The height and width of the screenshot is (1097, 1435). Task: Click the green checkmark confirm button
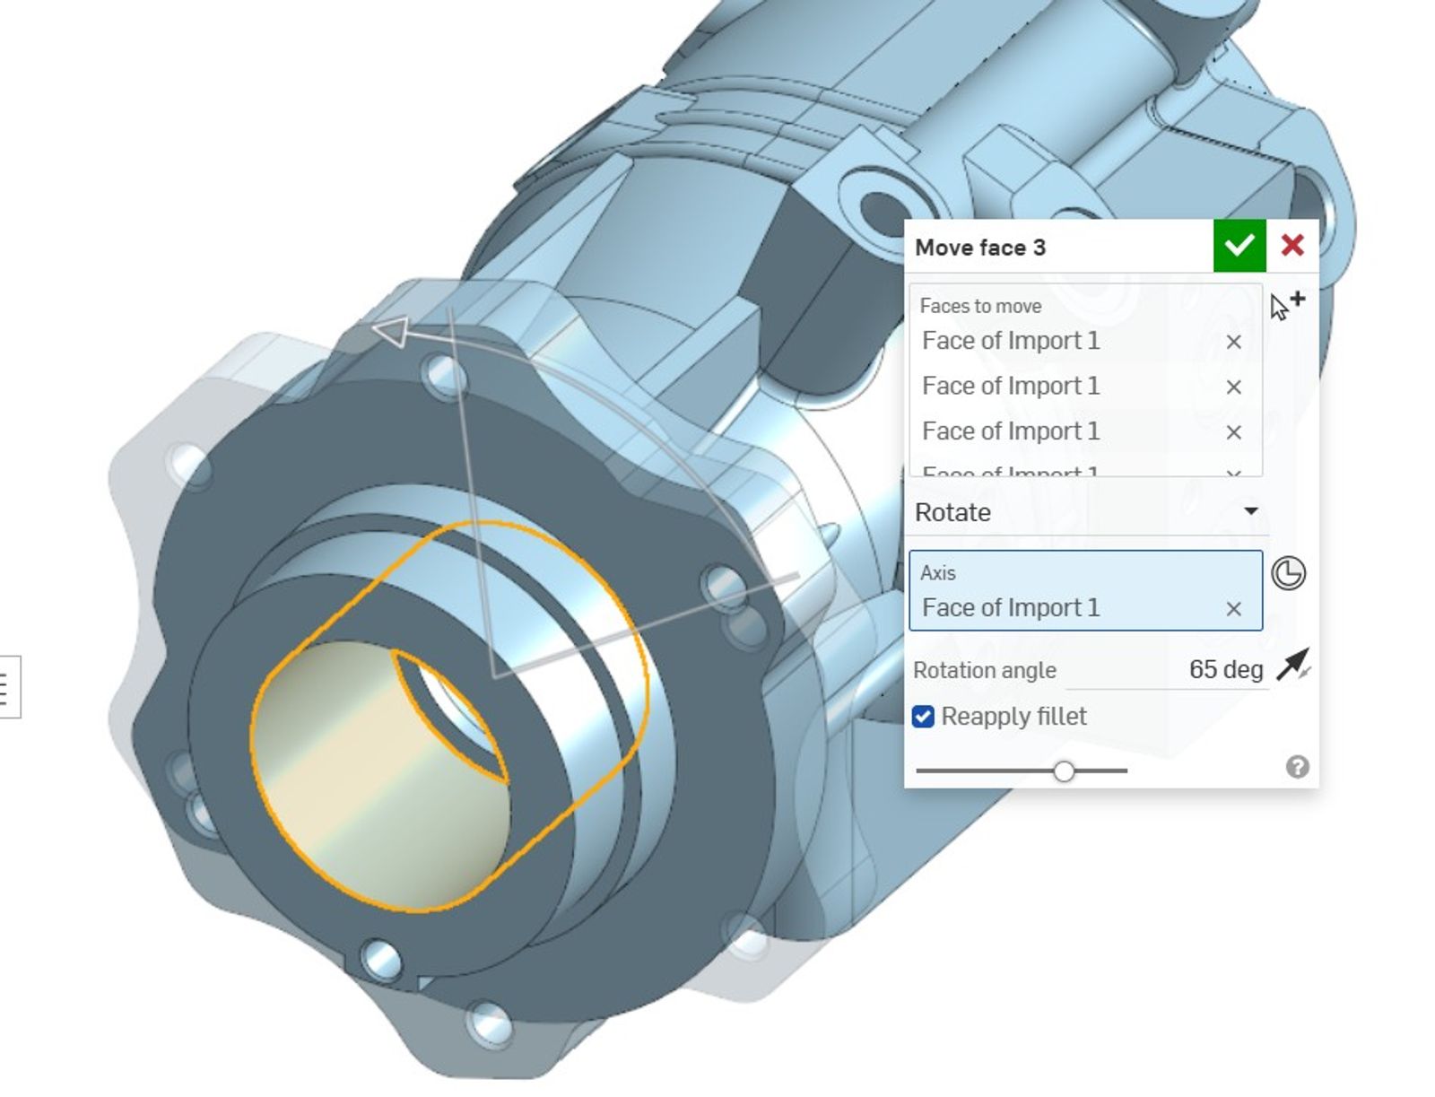click(1239, 246)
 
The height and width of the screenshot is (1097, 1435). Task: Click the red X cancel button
click(1291, 246)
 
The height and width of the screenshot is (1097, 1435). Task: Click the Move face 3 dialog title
click(979, 248)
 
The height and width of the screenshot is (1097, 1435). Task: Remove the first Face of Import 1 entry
click(1233, 342)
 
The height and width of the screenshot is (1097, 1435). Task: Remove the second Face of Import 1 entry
click(1233, 387)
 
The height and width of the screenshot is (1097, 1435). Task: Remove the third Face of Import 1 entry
click(1233, 432)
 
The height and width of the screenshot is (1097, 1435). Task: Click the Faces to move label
click(979, 306)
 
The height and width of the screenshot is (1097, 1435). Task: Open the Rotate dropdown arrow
click(1250, 511)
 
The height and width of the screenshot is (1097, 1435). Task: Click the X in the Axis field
click(1233, 609)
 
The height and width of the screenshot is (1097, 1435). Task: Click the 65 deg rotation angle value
click(1224, 669)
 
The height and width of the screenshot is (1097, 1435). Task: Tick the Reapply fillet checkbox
click(923, 717)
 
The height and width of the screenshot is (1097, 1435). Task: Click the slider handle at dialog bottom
click(1064, 771)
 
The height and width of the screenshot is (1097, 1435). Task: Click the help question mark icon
click(1297, 767)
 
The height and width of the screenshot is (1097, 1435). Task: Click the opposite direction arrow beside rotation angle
click(1291, 666)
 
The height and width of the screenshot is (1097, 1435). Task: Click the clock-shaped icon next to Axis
click(1288, 573)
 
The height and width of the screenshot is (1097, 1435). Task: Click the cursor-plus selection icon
click(1286, 305)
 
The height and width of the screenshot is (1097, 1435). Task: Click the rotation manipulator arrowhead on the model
click(391, 332)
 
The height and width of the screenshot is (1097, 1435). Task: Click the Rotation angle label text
click(984, 670)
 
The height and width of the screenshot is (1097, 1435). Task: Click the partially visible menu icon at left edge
click(5, 687)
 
